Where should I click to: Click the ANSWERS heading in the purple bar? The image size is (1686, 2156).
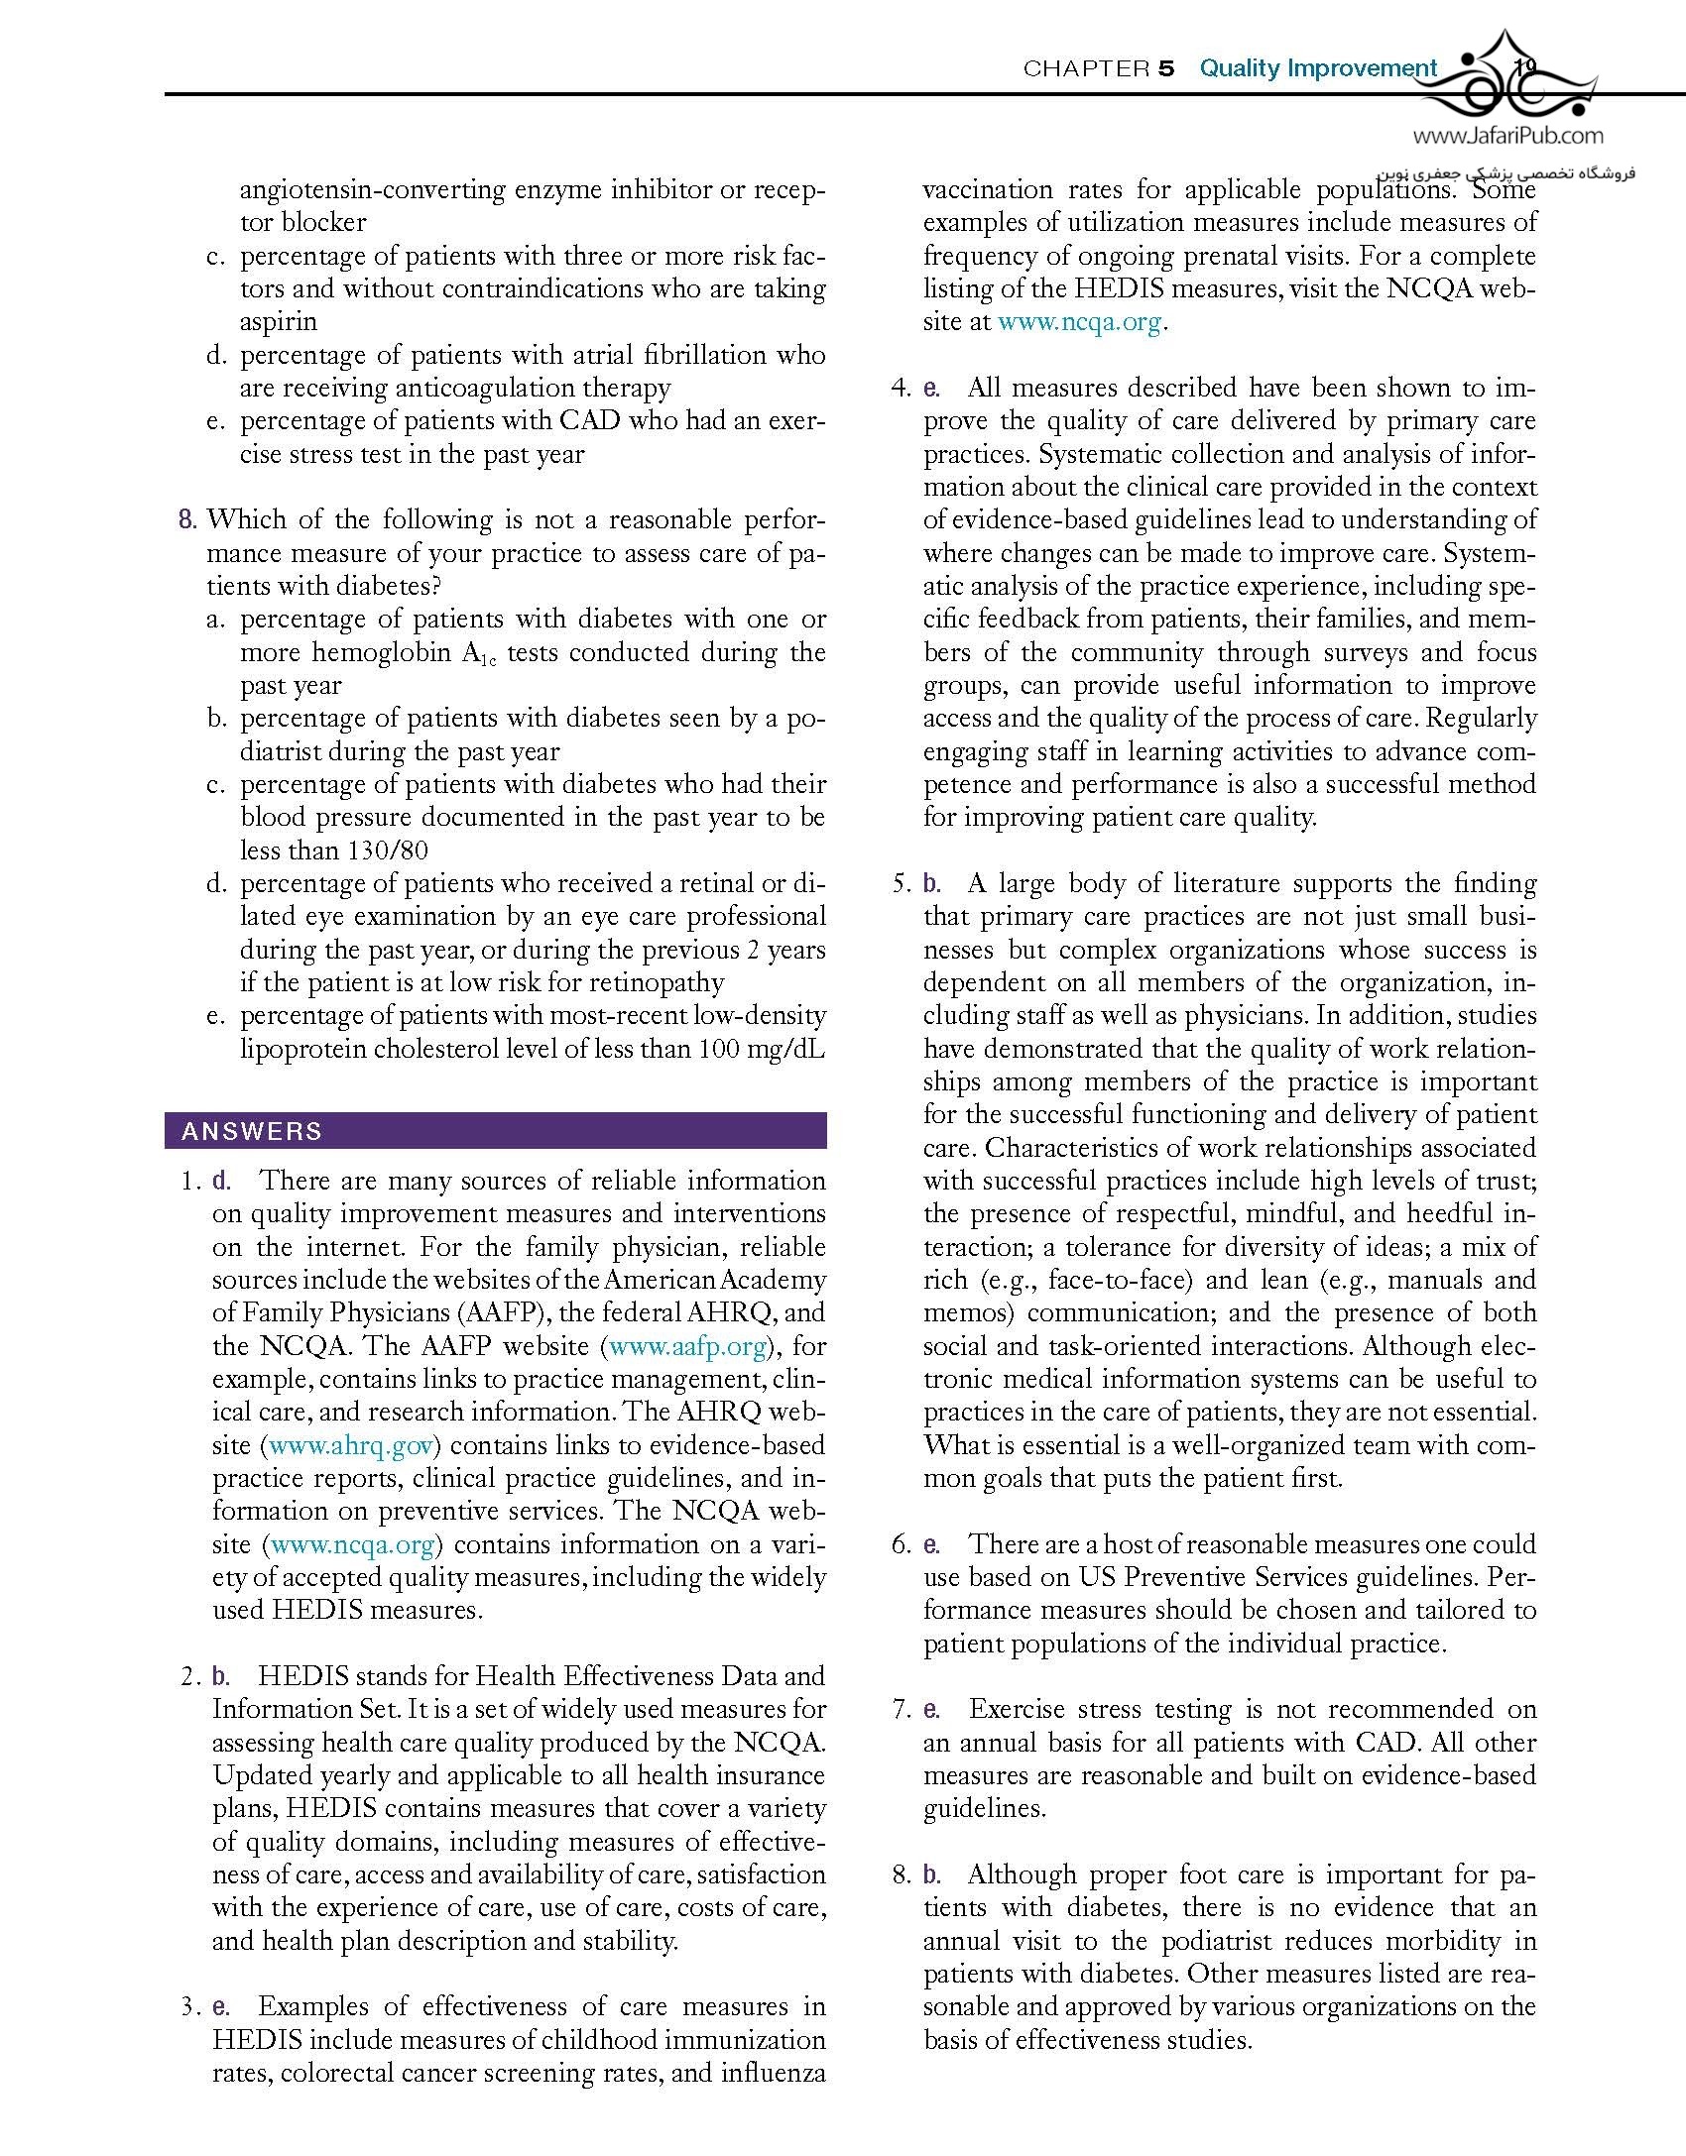tap(252, 1131)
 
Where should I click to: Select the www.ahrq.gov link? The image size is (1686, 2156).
tap(352, 1445)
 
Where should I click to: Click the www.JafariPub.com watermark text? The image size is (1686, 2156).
tap(1507, 135)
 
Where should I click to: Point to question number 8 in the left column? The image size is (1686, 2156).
tap(186, 519)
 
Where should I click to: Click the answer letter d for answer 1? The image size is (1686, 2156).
tap(220, 1181)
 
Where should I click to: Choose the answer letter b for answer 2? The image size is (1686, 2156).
tap(220, 1676)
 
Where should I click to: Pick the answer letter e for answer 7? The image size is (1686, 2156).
tap(931, 1709)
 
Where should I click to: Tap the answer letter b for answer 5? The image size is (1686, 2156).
tap(931, 883)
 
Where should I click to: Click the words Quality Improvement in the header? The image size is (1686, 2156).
tap(1318, 68)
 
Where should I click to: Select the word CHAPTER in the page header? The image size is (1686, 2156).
tap(1086, 68)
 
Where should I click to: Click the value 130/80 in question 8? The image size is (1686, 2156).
tap(388, 851)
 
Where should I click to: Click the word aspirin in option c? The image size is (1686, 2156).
tap(279, 321)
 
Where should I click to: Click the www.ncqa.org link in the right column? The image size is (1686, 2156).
tap(1079, 321)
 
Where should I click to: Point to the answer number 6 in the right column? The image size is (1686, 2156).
tap(901, 1544)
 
